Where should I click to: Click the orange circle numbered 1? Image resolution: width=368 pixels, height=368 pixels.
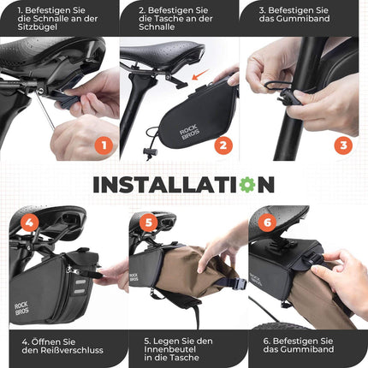click(x=103, y=145)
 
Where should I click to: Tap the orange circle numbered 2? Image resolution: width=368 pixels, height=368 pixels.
click(x=222, y=145)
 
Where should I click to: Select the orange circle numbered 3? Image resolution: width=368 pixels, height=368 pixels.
click(x=343, y=145)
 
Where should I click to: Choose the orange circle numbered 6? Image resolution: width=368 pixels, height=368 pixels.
click(x=266, y=223)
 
